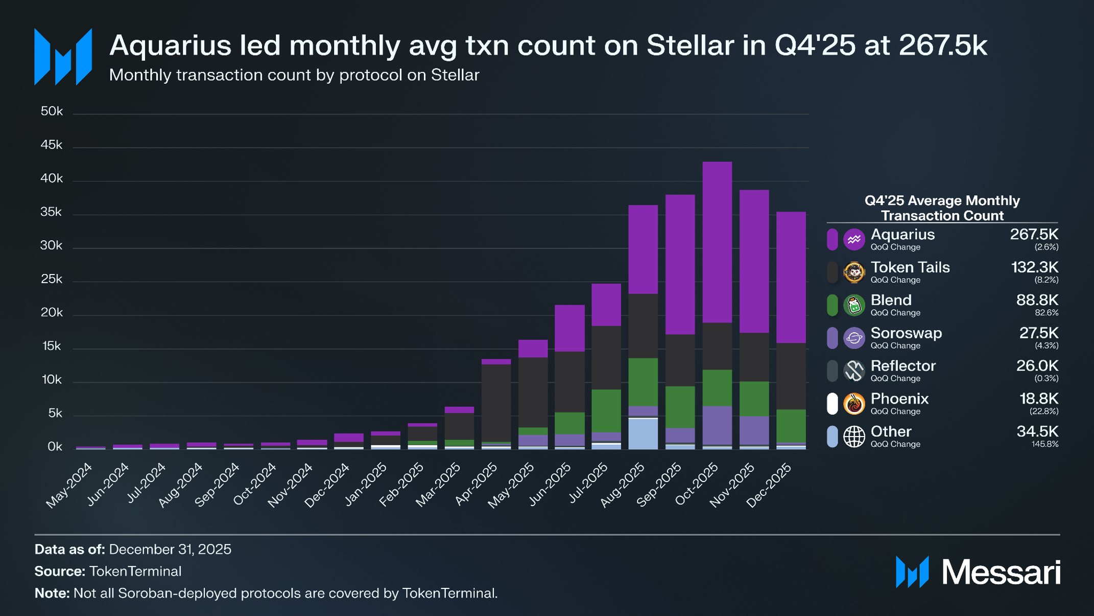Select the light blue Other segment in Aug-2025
643,434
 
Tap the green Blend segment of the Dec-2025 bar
791,425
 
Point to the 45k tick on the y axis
52,145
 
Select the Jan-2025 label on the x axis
366,484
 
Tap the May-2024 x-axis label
69,485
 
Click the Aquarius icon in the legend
854,239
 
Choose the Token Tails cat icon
854,272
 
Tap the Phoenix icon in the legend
854,404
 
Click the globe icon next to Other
854,437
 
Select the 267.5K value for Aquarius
1034,235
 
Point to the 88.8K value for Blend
1037,300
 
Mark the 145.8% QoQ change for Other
1044,444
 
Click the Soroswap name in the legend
906,333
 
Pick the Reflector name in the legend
903,366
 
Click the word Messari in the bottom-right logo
1001,572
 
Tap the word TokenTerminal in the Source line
135,571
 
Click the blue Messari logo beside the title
63,57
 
